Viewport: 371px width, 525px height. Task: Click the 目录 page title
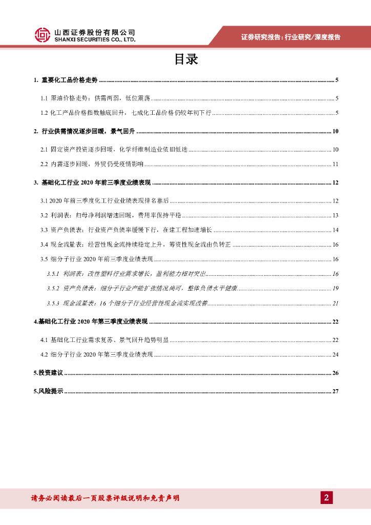click(x=186, y=60)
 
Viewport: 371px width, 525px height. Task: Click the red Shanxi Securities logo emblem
click(x=43, y=35)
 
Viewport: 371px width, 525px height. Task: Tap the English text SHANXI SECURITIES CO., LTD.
click(x=95, y=39)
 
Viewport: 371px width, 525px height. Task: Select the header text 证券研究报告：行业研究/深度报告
click(x=291, y=37)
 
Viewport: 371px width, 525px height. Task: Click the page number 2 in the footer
click(x=326, y=497)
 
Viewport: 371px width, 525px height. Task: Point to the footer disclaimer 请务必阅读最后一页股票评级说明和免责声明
click(x=105, y=498)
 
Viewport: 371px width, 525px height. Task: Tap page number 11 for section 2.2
click(x=335, y=164)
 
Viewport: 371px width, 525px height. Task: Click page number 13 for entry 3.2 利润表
click(x=335, y=215)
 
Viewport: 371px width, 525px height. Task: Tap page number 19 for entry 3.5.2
click(x=335, y=289)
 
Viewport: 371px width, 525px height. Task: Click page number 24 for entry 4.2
click(x=335, y=354)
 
